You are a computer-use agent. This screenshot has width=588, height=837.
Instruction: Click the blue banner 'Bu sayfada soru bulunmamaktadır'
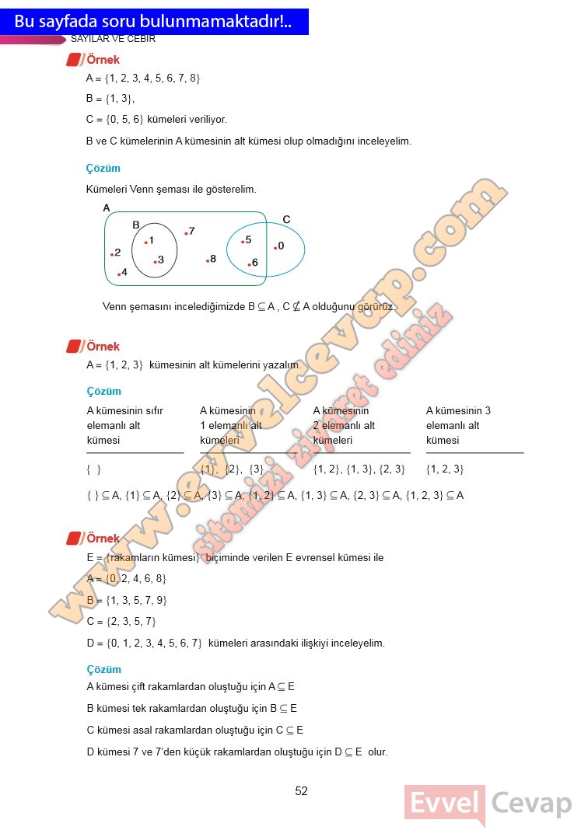click(x=154, y=22)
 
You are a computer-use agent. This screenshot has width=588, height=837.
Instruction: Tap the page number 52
click(x=302, y=791)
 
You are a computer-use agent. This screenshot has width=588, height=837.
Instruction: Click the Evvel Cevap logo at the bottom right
click(x=488, y=804)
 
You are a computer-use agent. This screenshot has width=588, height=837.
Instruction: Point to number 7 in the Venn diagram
click(x=191, y=231)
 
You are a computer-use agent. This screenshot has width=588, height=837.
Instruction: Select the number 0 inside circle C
click(x=281, y=246)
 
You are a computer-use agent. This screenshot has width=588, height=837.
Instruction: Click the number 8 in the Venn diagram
click(x=213, y=259)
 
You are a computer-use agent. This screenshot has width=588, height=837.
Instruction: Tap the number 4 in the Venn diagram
click(x=124, y=272)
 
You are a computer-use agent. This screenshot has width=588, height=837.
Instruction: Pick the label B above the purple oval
click(x=135, y=225)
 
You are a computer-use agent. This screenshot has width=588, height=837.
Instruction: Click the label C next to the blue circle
click(x=286, y=220)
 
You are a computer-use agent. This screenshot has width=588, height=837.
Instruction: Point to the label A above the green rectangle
click(x=107, y=208)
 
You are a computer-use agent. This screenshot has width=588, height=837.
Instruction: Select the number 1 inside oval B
click(x=151, y=240)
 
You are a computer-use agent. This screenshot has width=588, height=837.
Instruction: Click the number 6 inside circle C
click(x=254, y=263)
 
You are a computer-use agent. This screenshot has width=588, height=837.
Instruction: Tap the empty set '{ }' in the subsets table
click(x=94, y=469)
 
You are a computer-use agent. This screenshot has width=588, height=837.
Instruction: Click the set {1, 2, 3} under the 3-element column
click(x=445, y=469)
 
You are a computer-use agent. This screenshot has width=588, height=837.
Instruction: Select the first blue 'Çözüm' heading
click(x=103, y=168)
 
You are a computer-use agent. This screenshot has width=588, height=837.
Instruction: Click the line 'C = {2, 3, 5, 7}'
click(x=121, y=621)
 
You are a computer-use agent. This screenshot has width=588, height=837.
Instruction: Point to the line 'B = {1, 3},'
click(x=110, y=99)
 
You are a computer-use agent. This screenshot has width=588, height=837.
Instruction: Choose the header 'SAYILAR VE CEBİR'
click(x=114, y=38)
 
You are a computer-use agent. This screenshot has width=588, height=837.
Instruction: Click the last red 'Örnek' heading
click(x=103, y=538)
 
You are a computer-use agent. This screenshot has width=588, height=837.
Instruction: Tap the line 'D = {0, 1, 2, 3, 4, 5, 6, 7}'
click(x=145, y=643)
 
